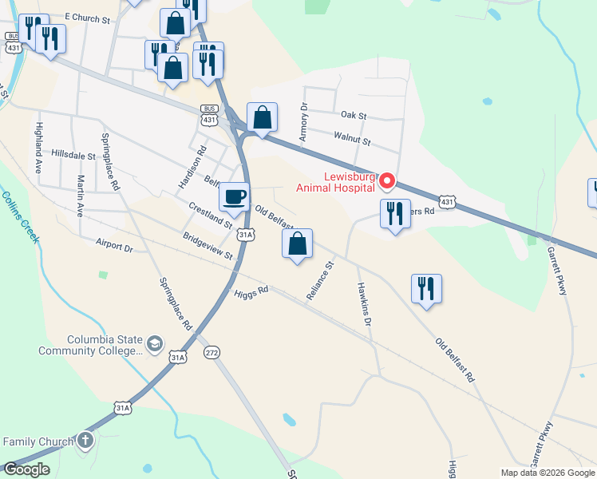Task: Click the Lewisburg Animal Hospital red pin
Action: pos(386,182)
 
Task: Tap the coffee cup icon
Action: pos(234,196)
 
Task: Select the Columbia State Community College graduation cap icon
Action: pos(154,345)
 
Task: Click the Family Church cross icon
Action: pos(85,441)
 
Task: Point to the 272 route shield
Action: pos(212,352)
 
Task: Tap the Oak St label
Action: pos(353,116)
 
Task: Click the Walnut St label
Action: pos(353,141)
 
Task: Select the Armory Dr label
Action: pos(303,122)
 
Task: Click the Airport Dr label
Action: pos(113,247)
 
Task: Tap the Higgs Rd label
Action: pos(251,293)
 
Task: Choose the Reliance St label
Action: pos(319,280)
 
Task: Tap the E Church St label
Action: pos(87,17)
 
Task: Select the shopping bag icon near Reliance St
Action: pos(297,243)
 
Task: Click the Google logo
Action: pos(26,469)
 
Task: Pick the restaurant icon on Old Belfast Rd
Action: pos(426,287)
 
